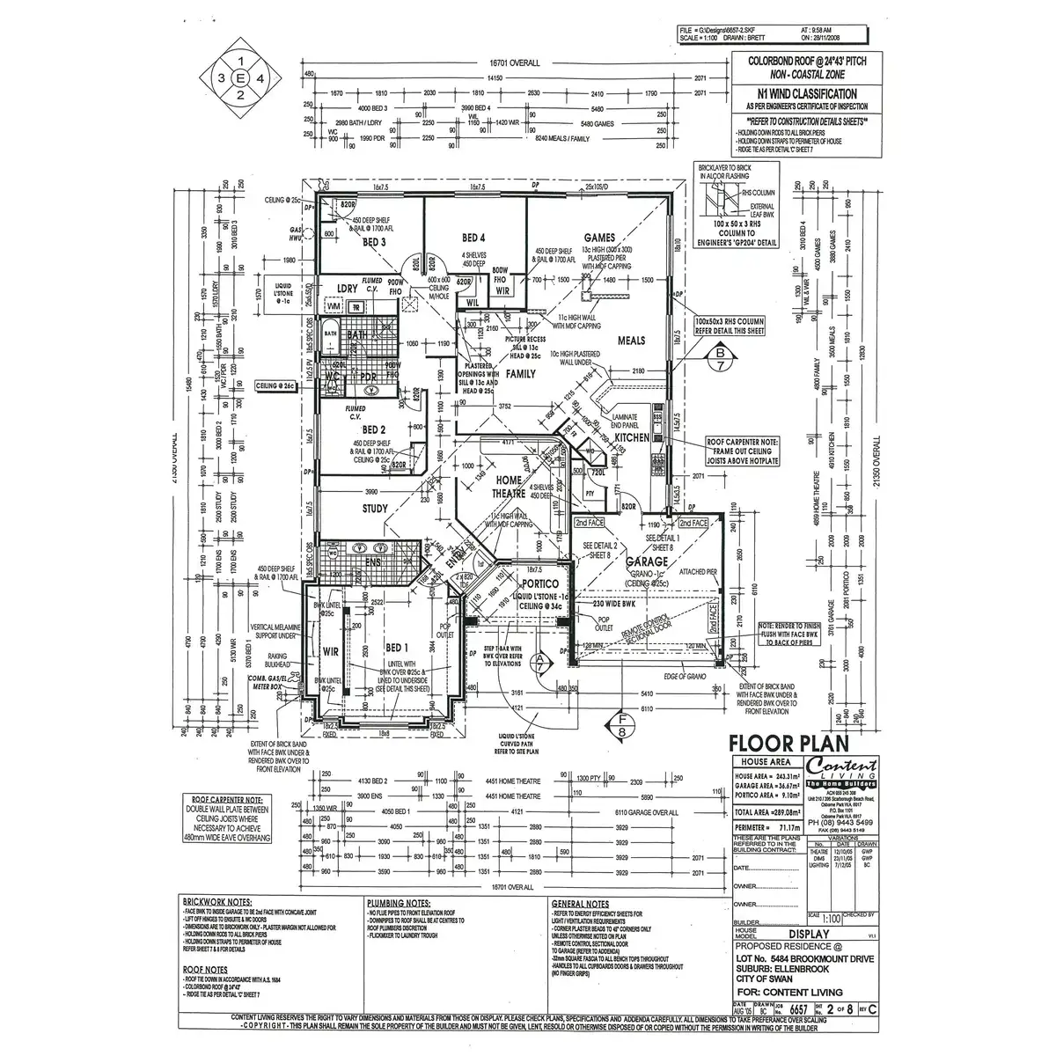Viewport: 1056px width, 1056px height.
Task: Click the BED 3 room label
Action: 375,242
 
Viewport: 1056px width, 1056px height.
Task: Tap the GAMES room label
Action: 598,238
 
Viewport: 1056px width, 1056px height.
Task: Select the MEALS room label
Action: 631,341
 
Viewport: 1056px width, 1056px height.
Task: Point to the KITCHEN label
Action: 632,436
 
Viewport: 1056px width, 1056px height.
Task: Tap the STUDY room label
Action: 376,508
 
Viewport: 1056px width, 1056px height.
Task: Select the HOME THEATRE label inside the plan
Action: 508,486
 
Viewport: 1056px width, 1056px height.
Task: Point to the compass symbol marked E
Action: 239,78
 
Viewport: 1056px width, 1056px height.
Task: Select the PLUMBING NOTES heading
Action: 399,903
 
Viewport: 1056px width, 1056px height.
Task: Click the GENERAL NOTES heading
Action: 580,904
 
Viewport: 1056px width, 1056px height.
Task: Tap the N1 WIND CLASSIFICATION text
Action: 802,93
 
